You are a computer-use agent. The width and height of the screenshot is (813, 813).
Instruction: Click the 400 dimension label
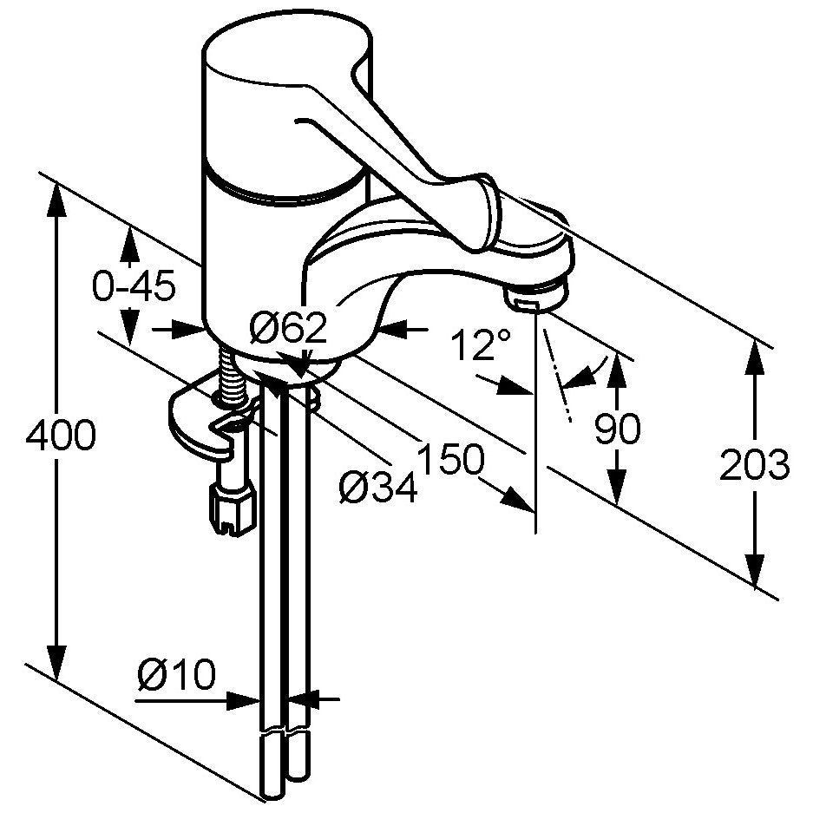click(61, 434)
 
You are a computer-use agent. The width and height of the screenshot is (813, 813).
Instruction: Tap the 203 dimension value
click(754, 464)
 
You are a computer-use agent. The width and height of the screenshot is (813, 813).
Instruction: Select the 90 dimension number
click(617, 429)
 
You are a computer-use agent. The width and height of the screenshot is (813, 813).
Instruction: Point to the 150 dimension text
click(450, 459)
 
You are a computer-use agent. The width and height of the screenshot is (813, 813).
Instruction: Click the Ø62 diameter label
click(288, 328)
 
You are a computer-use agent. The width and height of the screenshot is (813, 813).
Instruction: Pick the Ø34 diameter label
click(378, 488)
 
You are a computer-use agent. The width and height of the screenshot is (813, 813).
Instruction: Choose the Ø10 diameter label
click(176, 674)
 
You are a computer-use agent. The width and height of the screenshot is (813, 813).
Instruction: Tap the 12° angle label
click(481, 344)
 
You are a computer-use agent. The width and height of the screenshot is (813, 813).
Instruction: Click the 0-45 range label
click(134, 285)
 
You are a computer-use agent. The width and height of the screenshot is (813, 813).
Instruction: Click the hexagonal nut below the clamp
click(232, 509)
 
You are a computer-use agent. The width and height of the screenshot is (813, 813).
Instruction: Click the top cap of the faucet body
click(286, 54)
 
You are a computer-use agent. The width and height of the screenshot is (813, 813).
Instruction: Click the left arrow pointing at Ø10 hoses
click(244, 701)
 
